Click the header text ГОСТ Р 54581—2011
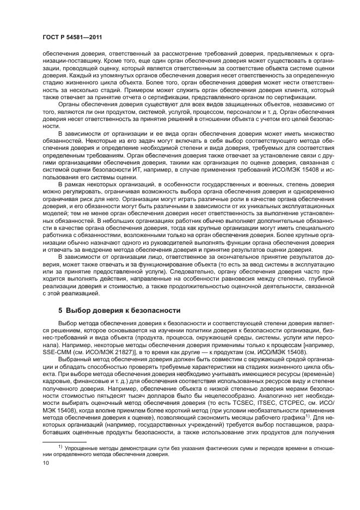pos(72,37)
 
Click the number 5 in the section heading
pos(61,311)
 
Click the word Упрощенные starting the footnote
pos(81,446)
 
